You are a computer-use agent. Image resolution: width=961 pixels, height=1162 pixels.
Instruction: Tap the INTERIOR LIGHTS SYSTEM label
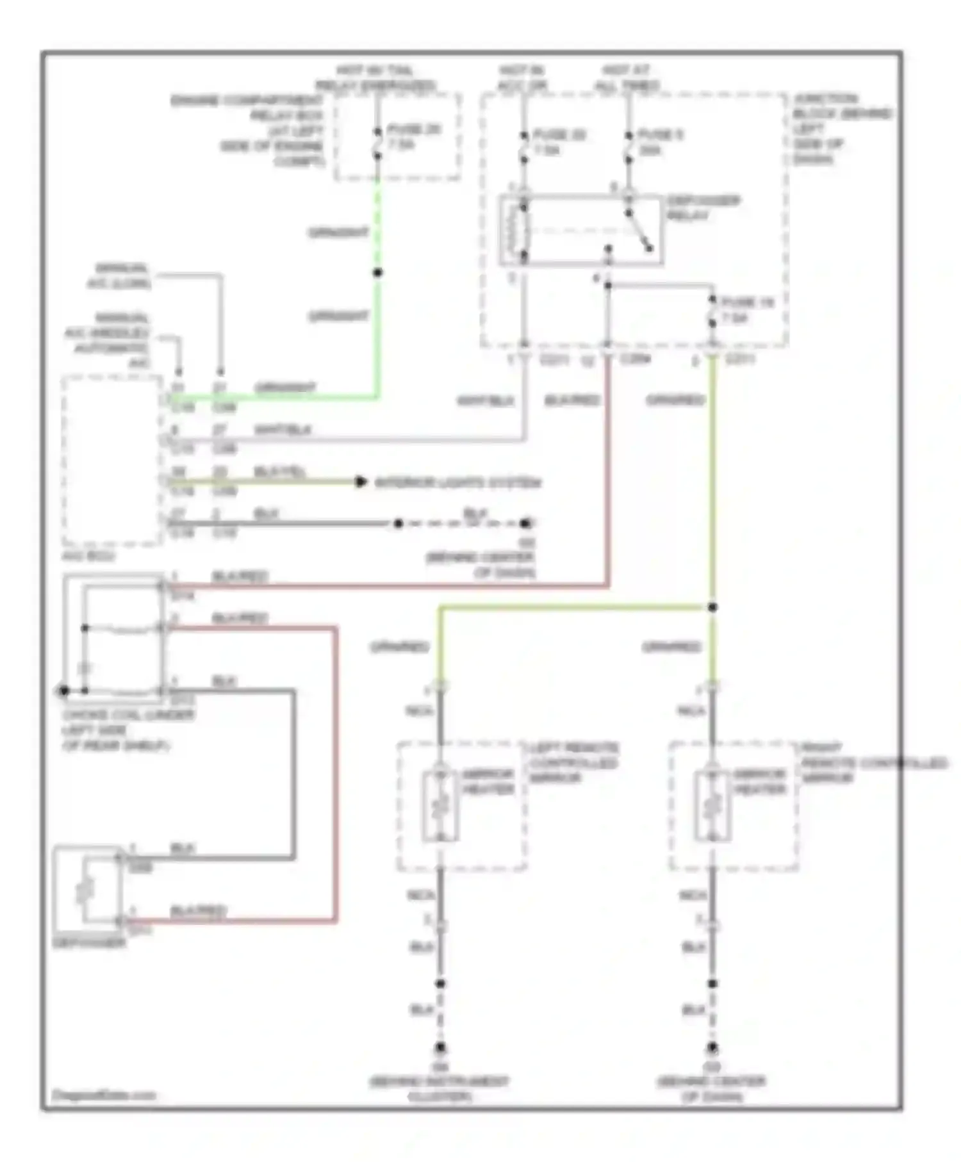pyautogui.click(x=457, y=482)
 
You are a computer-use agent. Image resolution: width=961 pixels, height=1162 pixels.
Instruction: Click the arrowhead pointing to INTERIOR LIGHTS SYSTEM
pyautogui.click(x=361, y=482)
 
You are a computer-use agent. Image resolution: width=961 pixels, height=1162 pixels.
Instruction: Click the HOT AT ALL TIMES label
pyautogui.click(x=627, y=78)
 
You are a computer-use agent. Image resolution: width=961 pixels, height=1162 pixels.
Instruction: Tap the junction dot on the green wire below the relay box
pyautogui.click(x=378, y=273)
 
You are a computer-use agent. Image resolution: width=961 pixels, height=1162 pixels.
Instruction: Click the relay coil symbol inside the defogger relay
pyautogui.click(x=520, y=231)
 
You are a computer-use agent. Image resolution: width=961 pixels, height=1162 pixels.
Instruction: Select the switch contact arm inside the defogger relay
pyautogui.click(x=638, y=231)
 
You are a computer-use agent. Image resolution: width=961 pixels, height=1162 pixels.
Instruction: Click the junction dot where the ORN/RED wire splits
pyautogui.click(x=712, y=607)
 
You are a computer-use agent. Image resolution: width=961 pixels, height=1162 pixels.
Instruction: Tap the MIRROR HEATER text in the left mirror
pyautogui.click(x=488, y=781)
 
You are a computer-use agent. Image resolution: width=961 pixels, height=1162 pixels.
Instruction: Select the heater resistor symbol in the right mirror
pyautogui.click(x=712, y=805)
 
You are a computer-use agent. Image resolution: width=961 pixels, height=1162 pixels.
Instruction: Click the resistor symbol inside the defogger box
pyautogui.click(x=85, y=890)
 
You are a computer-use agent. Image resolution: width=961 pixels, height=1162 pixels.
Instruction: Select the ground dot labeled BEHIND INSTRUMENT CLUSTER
pyautogui.click(x=441, y=1049)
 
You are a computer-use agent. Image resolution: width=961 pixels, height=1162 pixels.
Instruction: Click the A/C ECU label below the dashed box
pyautogui.click(x=88, y=556)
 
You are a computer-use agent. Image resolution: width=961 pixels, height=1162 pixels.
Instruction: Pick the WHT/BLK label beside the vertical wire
pyautogui.click(x=485, y=401)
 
